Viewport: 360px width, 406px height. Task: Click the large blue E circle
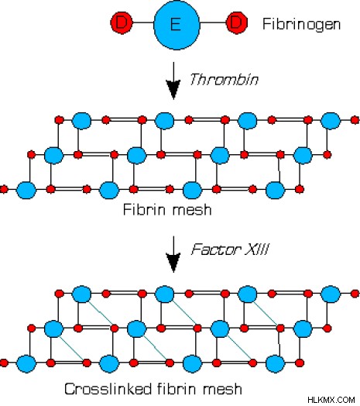[177, 25]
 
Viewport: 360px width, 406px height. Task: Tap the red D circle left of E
[122, 22]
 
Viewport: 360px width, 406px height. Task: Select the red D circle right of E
[237, 22]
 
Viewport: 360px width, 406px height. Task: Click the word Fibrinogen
[301, 24]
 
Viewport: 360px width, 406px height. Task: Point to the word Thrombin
[224, 79]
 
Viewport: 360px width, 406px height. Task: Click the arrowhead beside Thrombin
[173, 89]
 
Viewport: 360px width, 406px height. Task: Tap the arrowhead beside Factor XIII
[173, 263]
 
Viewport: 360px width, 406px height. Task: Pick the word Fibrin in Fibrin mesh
[144, 209]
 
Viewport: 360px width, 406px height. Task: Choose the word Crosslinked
[108, 389]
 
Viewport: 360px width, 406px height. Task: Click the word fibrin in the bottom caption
[177, 389]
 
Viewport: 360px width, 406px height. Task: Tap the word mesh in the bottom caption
[222, 389]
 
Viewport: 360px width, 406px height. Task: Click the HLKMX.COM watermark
[331, 400]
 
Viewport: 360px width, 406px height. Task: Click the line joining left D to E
[143, 22]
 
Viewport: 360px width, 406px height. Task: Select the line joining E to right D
[213, 22]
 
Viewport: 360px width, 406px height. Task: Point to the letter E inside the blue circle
[176, 24]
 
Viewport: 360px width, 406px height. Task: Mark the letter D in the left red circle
[121, 22]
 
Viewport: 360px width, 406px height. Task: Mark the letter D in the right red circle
[237, 22]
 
